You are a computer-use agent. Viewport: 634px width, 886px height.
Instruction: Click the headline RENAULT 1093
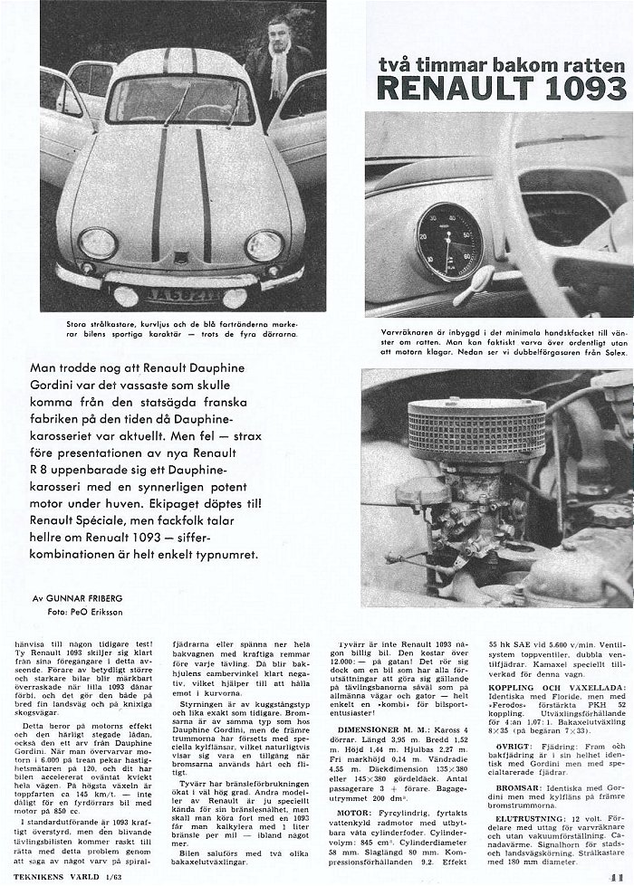pos(501,87)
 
